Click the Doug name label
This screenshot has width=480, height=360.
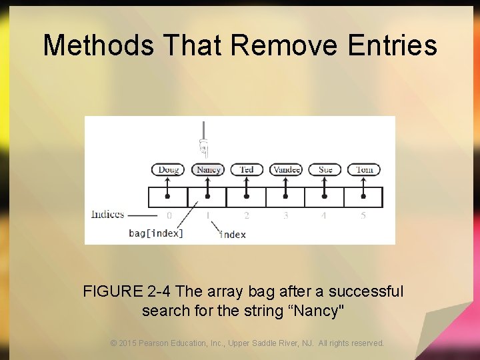click(168, 169)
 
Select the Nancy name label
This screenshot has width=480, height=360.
click(208, 169)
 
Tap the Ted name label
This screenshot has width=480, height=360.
click(247, 169)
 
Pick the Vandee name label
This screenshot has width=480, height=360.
click(286, 169)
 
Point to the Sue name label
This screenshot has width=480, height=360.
click(325, 169)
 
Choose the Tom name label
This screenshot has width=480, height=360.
click(364, 169)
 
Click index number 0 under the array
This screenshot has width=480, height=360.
click(169, 215)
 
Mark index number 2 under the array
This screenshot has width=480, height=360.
click(247, 215)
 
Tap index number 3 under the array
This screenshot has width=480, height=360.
click(285, 215)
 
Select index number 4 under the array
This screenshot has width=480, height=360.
click(324, 215)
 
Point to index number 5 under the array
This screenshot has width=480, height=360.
click(363, 215)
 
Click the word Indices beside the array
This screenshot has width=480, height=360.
click(107, 214)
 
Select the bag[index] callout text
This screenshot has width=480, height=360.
click(156, 233)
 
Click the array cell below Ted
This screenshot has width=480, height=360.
click(247, 197)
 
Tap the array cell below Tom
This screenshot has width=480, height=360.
click(363, 197)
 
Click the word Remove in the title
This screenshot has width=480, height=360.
click(284, 45)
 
